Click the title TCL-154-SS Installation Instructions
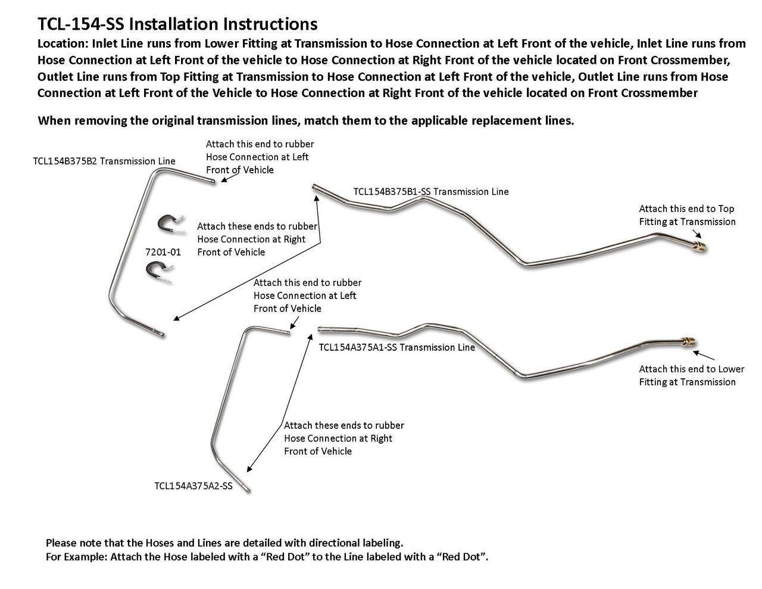click(177, 24)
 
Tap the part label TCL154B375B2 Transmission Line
click(104, 161)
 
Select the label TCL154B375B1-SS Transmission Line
click(431, 192)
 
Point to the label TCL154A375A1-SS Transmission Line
click(397, 347)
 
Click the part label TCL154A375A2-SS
click(193, 485)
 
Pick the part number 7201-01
click(163, 252)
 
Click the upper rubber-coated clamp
click(168, 224)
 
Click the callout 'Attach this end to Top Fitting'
click(687, 215)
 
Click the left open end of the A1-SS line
click(320, 328)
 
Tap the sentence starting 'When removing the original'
click(306, 120)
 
